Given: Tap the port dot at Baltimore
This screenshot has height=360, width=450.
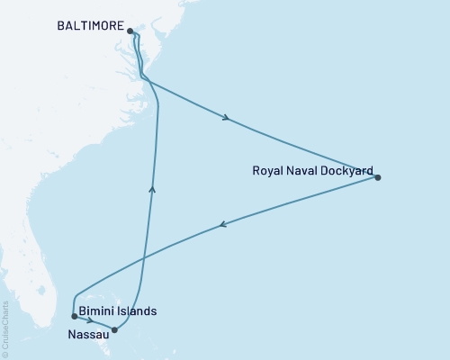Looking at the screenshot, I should [x=131, y=31].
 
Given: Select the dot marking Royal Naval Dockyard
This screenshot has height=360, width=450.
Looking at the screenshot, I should [x=378, y=177].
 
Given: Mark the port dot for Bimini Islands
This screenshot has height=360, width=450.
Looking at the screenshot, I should [x=74, y=316].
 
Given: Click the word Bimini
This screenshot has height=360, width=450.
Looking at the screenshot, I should [x=97, y=311].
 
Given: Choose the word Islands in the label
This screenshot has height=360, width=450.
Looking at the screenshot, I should [x=138, y=311].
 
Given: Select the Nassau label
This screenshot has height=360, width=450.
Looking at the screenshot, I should [x=88, y=334].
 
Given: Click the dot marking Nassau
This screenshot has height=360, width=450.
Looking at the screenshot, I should [x=114, y=329].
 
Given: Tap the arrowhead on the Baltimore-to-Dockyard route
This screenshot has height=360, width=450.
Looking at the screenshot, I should [x=224, y=117].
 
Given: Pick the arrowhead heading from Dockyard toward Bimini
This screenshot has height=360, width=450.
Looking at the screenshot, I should [x=222, y=225].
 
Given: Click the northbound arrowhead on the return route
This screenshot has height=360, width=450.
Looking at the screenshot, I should [x=152, y=187].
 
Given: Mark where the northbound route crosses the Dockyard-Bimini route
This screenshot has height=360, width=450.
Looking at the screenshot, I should [x=148, y=255].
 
